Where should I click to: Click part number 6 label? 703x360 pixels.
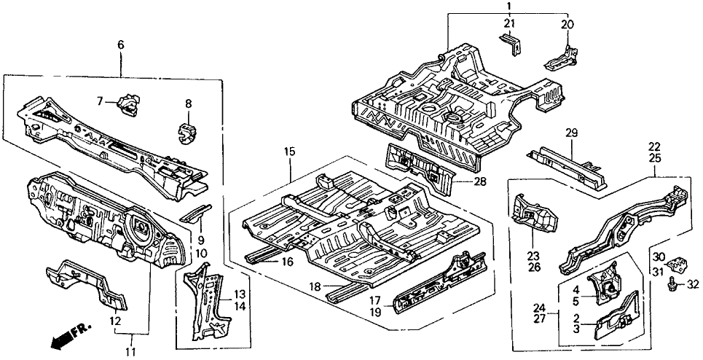click(120, 45)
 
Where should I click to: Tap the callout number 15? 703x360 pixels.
click(290, 152)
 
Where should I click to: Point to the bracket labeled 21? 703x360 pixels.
click(512, 46)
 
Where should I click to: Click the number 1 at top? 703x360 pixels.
click(508, 7)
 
